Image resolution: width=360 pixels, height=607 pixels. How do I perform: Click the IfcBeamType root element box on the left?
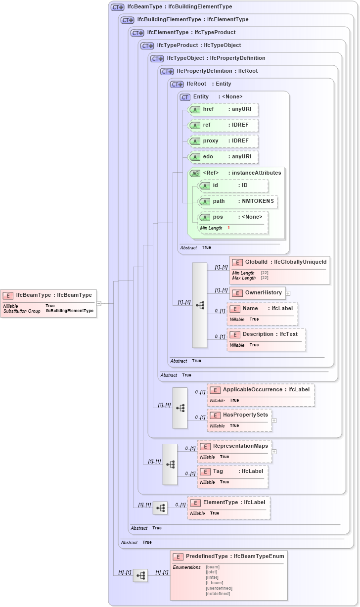[x=48, y=303]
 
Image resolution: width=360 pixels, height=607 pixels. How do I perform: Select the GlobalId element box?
[x=279, y=270]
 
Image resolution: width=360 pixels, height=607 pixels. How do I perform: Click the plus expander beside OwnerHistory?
[x=288, y=293]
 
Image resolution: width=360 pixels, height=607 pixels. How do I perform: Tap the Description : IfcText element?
[x=266, y=339]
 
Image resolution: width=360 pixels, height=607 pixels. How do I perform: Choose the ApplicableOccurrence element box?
[x=261, y=395]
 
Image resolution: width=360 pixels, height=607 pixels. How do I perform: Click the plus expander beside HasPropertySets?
[x=274, y=420]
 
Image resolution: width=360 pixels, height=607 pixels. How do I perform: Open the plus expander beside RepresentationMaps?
[x=274, y=451]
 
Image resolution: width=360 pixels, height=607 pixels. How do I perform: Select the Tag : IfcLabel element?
[x=233, y=476]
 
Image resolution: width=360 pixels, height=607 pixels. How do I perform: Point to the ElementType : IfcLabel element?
[x=228, y=508]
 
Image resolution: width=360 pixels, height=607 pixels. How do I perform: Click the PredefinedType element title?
[x=234, y=557]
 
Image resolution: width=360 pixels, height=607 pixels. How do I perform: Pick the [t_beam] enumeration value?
[x=214, y=583]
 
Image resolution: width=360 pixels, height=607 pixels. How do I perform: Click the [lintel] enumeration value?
[x=212, y=577]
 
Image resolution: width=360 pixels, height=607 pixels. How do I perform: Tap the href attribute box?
[x=223, y=109]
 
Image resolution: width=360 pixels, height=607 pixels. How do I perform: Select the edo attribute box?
[x=223, y=157]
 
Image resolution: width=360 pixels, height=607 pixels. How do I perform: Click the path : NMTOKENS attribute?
[x=237, y=201]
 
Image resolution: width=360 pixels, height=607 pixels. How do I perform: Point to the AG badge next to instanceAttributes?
[x=195, y=173]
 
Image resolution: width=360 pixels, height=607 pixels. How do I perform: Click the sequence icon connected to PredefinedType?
[x=140, y=575]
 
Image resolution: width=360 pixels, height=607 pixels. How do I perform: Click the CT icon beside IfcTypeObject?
[x=157, y=58]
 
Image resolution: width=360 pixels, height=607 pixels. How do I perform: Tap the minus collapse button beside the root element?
[x=99, y=303]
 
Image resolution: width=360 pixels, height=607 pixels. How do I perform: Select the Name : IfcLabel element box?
[x=262, y=314]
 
